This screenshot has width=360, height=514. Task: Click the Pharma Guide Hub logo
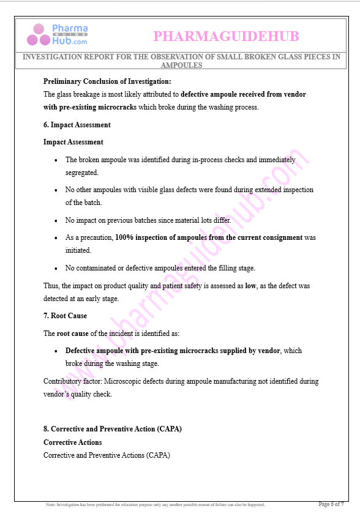point(57,35)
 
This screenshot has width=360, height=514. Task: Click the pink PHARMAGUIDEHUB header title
point(226,37)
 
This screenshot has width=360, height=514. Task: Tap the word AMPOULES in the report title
point(181,65)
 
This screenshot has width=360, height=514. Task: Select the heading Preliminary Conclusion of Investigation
point(107,81)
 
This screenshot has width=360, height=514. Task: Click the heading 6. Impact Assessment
point(77,125)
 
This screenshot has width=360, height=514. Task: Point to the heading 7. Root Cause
point(65,316)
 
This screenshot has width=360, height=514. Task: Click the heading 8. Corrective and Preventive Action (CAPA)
point(112,429)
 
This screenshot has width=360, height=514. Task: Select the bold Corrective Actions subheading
point(72,442)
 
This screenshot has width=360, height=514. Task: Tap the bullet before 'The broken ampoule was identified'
point(56,160)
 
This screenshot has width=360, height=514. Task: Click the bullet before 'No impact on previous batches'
point(56,220)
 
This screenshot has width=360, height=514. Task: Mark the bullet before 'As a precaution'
point(56,237)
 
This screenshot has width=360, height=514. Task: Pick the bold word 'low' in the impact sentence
point(250,286)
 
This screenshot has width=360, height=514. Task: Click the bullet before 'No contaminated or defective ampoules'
point(56,268)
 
